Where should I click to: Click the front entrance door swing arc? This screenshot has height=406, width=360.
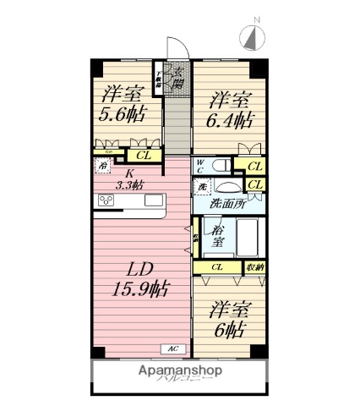(x=175, y=48)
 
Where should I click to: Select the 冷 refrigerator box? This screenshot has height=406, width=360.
(x=102, y=167)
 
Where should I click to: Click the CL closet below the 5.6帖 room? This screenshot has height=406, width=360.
(x=144, y=155)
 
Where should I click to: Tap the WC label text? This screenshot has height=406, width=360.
(x=200, y=164)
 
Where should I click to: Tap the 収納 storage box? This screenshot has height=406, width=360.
(x=254, y=267)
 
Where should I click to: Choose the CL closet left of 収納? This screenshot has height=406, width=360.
(x=217, y=267)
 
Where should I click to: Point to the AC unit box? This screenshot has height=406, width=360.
(x=172, y=348)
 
